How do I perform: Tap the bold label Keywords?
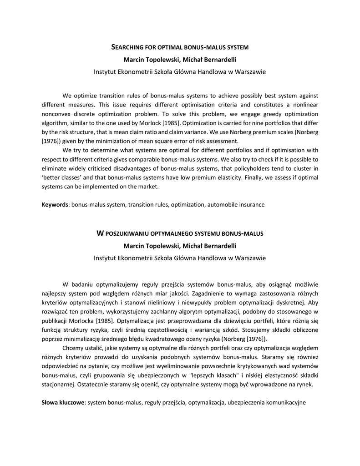(55, 205)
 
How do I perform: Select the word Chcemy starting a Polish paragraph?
(73, 348)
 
